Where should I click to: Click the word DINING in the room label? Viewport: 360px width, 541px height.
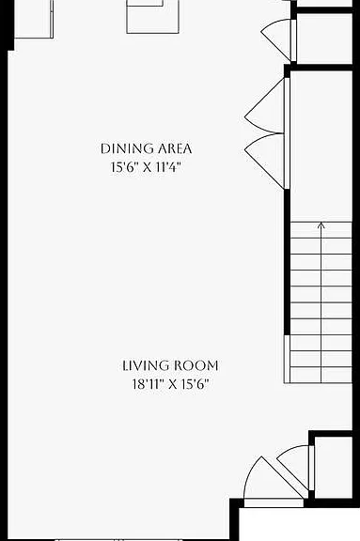pyautogui.click(x=127, y=148)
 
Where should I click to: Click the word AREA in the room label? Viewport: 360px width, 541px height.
pyautogui.click(x=175, y=148)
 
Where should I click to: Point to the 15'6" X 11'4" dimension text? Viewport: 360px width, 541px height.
pyautogui.click(x=146, y=167)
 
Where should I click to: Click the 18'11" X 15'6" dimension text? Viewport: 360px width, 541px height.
pyautogui.click(x=171, y=384)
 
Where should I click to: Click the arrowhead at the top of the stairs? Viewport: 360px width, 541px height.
pyautogui.click(x=321, y=225)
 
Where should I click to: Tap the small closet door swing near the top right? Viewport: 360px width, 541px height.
pyautogui.click(x=276, y=38)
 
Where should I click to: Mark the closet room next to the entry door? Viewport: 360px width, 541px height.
pyautogui.click(x=333, y=468)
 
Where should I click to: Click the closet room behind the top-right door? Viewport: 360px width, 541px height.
pyautogui.click(x=324, y=38)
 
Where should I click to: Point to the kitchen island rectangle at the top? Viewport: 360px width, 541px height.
pyautogui.click(x=152, y=17)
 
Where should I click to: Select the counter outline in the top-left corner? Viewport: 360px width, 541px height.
pyautogui.click(x=34, y=18)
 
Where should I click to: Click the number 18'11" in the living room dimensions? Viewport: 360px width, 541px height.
pyautogui.click(x=148, y=384)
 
